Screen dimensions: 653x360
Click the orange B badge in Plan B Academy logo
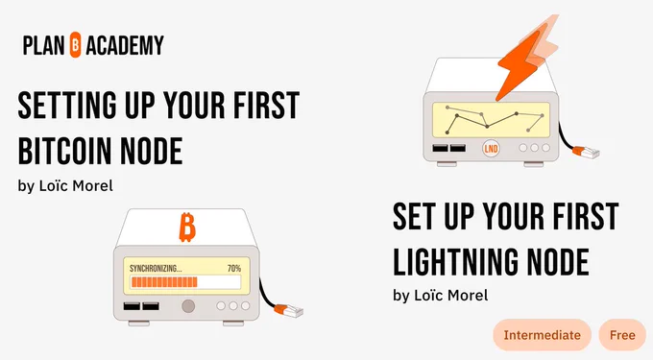click(x=75, y=44)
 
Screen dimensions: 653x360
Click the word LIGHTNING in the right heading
click(x=455, y=261)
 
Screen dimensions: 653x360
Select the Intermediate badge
click(x=542, y=335)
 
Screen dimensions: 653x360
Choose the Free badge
click(x=622, y=335)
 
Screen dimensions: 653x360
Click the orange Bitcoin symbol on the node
click(x=187, y=228)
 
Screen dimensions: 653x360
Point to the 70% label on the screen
click(x=234, y=269)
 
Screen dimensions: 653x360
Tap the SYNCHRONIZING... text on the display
click(x=156, y=269)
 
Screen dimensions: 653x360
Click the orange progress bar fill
click(x=164, y=282)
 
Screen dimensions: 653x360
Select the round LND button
click(x=491, y=148)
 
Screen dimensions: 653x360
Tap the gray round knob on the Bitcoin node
click(x=188, y=306)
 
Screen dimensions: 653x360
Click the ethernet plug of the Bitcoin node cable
click(x=289, y=310)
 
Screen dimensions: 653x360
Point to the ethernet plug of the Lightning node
click(x=586, y=153)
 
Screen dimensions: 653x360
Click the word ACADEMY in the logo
click(x=125, y=45)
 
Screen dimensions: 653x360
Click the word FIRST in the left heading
click(x=267, y=105)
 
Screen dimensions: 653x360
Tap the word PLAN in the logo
click(x=44, y=45)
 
